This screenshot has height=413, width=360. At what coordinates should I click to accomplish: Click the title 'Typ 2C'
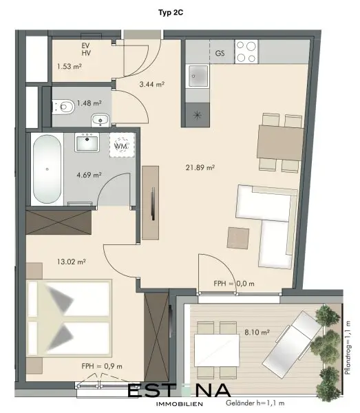[171, 13]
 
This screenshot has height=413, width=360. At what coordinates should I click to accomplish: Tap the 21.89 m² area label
[200, 167]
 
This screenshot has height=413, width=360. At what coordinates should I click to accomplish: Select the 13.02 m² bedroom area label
[71, 262]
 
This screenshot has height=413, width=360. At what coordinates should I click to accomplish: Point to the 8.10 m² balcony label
[257, 332]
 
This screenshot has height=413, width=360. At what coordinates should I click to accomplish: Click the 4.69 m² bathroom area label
[89, 175]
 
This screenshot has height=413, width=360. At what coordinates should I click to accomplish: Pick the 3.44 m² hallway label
[152, 84]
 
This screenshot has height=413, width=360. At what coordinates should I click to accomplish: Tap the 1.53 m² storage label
[69, 66]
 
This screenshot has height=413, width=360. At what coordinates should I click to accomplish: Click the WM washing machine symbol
[122, 145]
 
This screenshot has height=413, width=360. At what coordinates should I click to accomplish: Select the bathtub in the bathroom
[47, 169]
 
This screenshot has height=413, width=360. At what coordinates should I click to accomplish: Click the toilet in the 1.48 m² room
[63, 107]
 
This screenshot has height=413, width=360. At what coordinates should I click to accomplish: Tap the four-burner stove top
[246, 52]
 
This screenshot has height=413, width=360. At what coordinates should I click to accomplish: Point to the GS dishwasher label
[220, 53]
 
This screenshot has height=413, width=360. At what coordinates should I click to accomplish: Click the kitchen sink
[198, 76]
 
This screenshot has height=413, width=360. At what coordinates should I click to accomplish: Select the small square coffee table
[238, 238]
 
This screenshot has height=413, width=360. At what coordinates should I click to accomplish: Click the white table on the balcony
[217, 350]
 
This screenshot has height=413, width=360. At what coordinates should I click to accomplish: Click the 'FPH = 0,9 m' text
[102, 366]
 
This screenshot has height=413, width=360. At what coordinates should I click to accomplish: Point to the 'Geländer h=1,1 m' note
[255, 403]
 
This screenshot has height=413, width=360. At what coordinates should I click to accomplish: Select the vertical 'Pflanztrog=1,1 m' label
[348, 348]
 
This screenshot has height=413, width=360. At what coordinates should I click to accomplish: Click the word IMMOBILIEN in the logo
[180, 404]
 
